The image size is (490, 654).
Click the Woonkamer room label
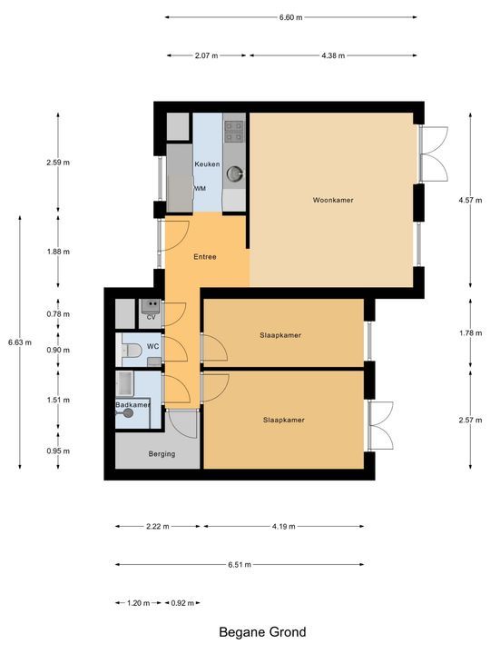333,200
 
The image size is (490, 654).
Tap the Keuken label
207,163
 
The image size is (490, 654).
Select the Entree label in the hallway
205,257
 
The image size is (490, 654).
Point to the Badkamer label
132,405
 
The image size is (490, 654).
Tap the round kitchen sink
235,172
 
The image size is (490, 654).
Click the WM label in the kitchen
200,188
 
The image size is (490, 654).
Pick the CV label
151,318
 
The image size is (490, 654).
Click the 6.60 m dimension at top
290,16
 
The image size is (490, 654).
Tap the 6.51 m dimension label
240,565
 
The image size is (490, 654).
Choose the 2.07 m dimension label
207,55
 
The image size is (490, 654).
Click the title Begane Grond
262,632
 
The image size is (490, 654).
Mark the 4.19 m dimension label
283,526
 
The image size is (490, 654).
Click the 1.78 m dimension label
469,333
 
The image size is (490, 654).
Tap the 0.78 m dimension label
58,314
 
